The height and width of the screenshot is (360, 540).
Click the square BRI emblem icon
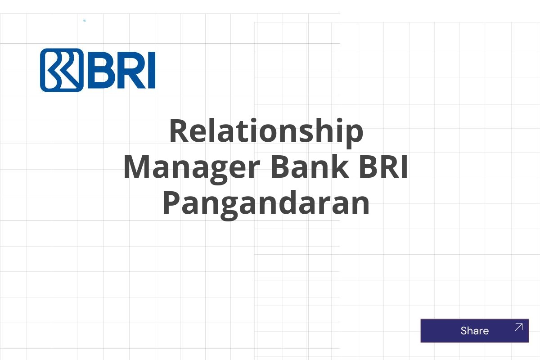pyautogui.click(x=62, y=70)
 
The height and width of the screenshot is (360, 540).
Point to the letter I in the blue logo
pyautogui.click(x=151, y=70)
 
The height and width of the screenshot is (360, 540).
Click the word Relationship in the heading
pyautogui.click(x=266, y=131)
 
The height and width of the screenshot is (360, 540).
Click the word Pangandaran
pyautogui.click(x=266, y=203)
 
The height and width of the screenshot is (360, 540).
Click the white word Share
pyautogui.click(x=474, y=331)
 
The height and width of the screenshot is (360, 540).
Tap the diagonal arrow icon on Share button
pyautogui.click(x=518, y=327)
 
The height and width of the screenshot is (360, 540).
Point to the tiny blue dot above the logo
pyautogui.click(x=85, y=21)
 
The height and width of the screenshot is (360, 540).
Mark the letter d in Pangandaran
pyautogui.click(x=290, y=203)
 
